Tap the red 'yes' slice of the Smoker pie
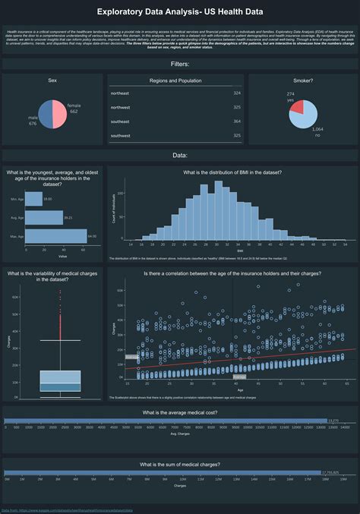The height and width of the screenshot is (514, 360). point(297,107)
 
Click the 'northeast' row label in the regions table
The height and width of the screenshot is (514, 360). point(120,93)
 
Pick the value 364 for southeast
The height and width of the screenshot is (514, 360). point(237,121)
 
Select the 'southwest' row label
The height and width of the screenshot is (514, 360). point(121,136)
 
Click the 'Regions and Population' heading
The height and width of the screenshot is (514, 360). point(175,80)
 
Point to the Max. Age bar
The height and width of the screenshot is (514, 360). point(55,236)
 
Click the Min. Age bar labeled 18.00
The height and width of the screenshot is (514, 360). point(33,199)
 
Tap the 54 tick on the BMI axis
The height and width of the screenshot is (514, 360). point(345,244)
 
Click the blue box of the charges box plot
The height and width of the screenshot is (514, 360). point(60,381)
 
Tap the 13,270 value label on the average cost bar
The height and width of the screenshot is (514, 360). point(333,420)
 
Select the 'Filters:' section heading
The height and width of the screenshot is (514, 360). point(180,65)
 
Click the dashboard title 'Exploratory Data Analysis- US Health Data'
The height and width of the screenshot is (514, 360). point(180,12)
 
